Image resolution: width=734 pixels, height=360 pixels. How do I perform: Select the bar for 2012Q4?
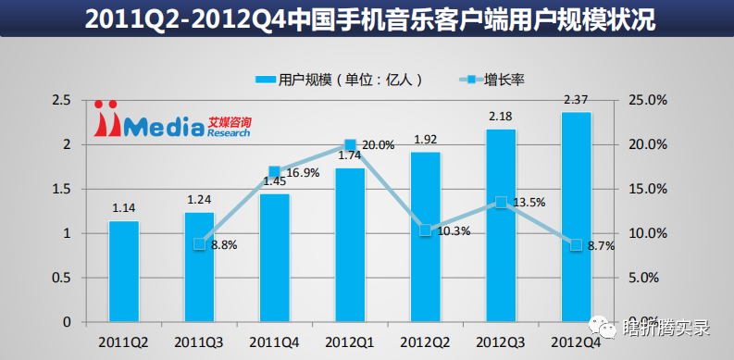tap(576, 217)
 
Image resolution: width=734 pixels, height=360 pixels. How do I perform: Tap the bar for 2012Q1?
tap(350, 244)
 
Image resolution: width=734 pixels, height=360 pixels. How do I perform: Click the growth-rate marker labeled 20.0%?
tap(350, 144)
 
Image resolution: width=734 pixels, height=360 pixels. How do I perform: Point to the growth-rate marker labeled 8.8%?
tap(199, 244)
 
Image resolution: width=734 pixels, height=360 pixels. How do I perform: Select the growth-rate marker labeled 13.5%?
tap(501, 202)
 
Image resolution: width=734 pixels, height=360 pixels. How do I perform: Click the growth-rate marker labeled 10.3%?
tap(425, 230)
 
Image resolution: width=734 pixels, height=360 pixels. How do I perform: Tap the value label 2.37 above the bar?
tap(576, 100)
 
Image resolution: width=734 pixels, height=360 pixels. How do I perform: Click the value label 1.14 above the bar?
tap(124, 208)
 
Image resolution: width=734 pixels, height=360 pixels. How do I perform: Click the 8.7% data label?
tap(602, 245)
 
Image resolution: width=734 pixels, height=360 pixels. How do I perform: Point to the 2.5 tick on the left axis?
tap(62, 100)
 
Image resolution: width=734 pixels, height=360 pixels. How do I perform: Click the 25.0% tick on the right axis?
tap(648, 100)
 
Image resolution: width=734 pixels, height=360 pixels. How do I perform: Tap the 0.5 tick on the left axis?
tap(62, 278)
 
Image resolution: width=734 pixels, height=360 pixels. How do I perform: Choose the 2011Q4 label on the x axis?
tap(275, 341)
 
